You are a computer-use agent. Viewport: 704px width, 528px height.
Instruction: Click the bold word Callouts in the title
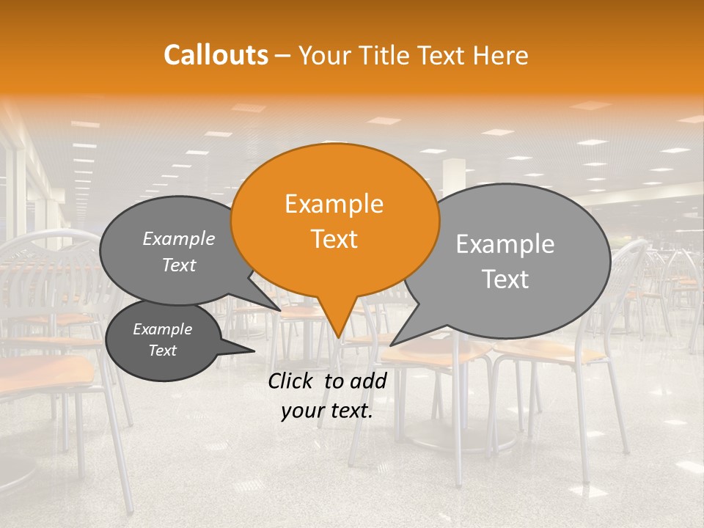[216, 55]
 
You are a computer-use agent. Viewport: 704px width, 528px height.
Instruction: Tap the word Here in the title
[500, 55]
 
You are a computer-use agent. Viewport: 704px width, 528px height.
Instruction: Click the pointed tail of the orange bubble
[338, 334]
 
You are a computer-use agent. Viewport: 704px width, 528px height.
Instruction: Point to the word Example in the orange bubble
[334, 204]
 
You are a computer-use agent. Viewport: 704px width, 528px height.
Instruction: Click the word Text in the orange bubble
[334, 238]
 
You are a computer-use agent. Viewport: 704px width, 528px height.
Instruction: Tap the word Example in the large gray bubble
[505, 244]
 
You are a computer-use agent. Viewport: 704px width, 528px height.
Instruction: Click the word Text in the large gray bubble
[505, 279]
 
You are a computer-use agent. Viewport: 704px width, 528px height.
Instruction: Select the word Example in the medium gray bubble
[179, 238]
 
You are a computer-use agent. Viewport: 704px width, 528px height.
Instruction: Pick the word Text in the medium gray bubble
[179, 265]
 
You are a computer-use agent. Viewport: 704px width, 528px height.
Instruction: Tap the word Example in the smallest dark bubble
[163, 329]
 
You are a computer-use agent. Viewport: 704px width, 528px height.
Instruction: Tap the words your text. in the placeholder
[327, 411]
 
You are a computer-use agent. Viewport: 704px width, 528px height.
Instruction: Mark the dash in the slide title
[285, 55]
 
